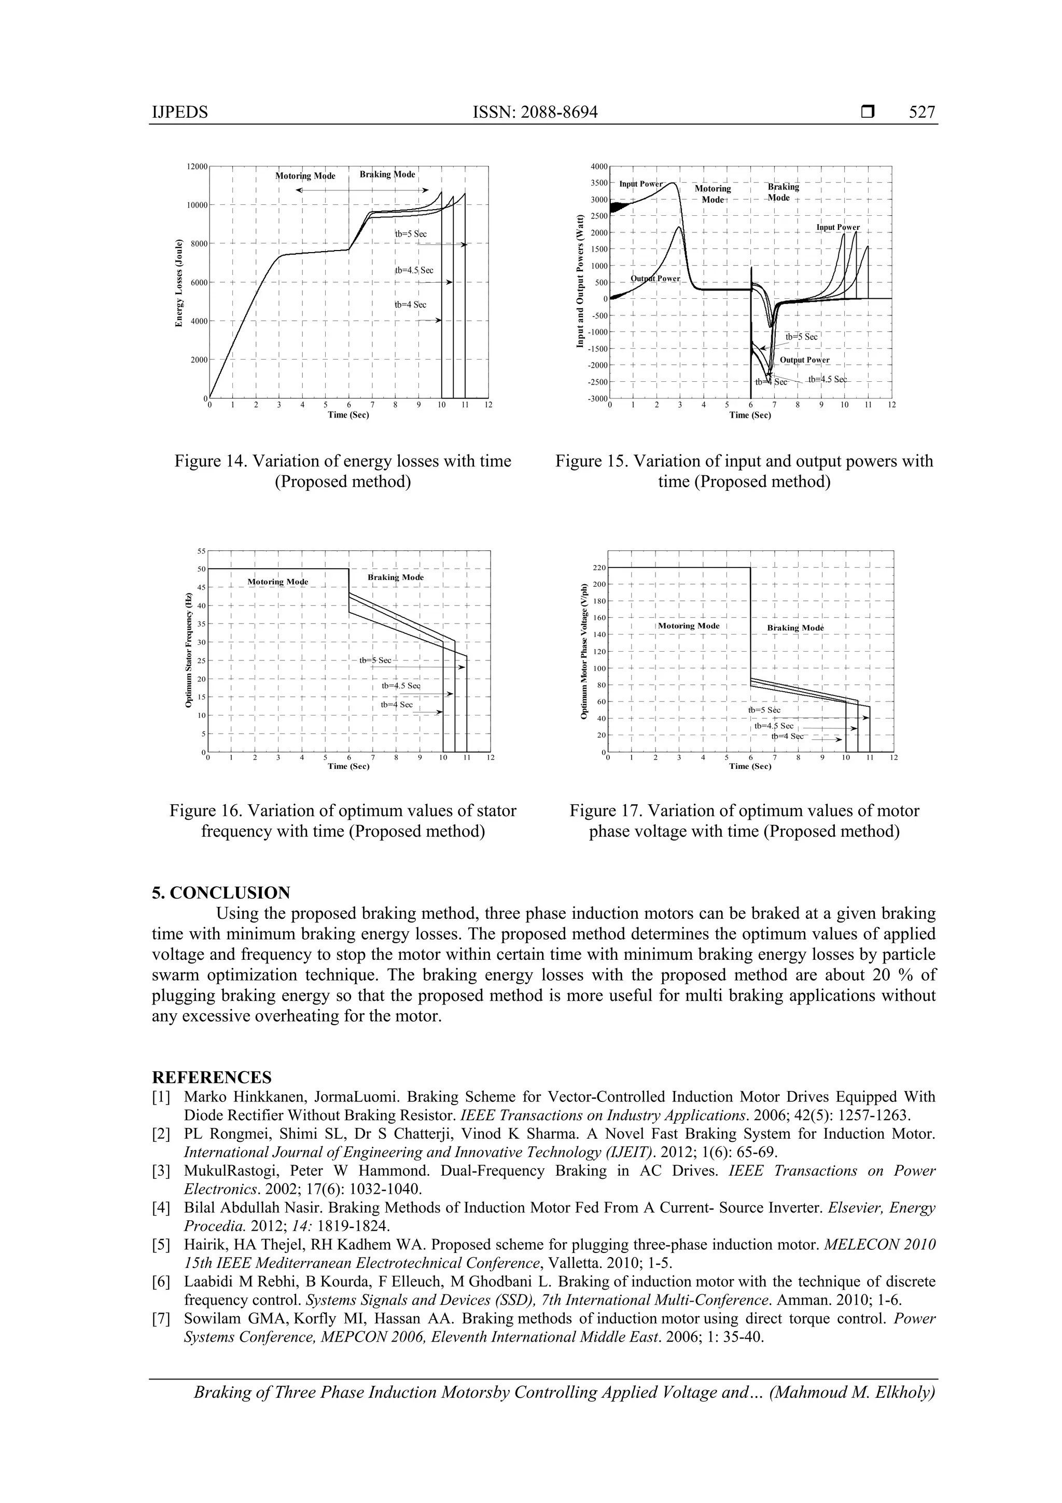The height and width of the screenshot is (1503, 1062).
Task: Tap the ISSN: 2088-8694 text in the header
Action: coord(535,113)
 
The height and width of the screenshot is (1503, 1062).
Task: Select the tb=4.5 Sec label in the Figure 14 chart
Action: coord(413,270)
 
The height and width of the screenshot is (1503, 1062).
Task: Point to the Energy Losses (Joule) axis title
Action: coord(178,283)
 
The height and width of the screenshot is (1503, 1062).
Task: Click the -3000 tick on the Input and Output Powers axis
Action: coord(597,398)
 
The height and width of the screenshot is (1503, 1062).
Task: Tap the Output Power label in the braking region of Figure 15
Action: coord(804,360)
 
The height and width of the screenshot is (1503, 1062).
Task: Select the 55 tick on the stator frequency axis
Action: coord(202,551)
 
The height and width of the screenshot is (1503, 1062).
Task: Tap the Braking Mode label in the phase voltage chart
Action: coord(795,628)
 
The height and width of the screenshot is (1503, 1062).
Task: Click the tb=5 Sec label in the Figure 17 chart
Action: coord(764,710)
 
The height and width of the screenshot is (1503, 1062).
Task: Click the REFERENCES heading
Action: coord(212,1078)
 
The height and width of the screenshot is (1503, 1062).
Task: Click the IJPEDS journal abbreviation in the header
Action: coord(179,113)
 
